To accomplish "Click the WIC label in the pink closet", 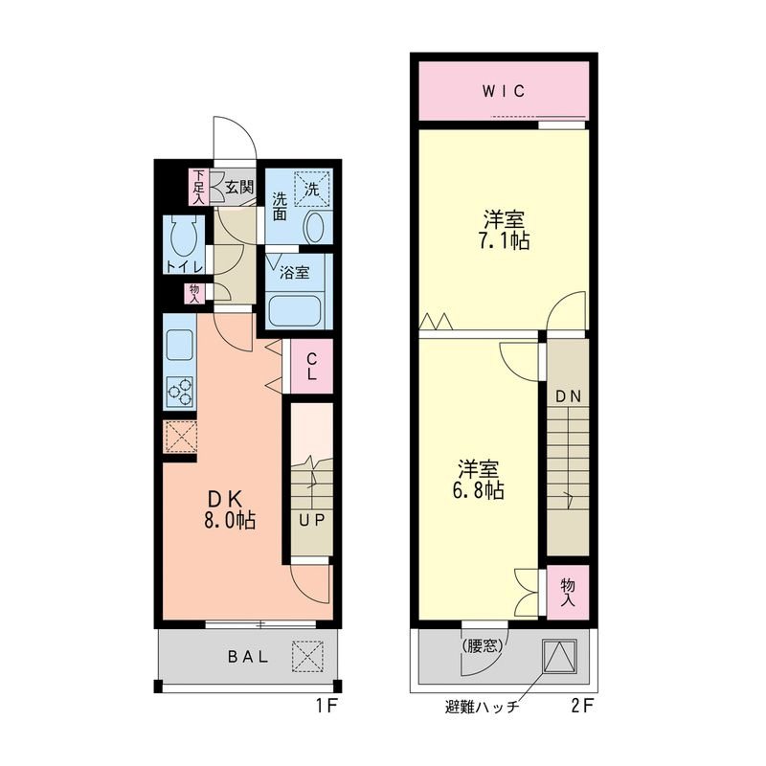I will (503, 92).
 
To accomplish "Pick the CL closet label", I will (311, 368).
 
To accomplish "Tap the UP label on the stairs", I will (309, 521).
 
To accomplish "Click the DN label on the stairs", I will (568, 395).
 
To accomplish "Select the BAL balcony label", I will (248, 658).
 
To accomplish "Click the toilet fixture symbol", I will (182, 233).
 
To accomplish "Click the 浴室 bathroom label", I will (294, 272).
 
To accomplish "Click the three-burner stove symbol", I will (180, 388).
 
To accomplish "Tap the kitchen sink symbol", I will (180, 343).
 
